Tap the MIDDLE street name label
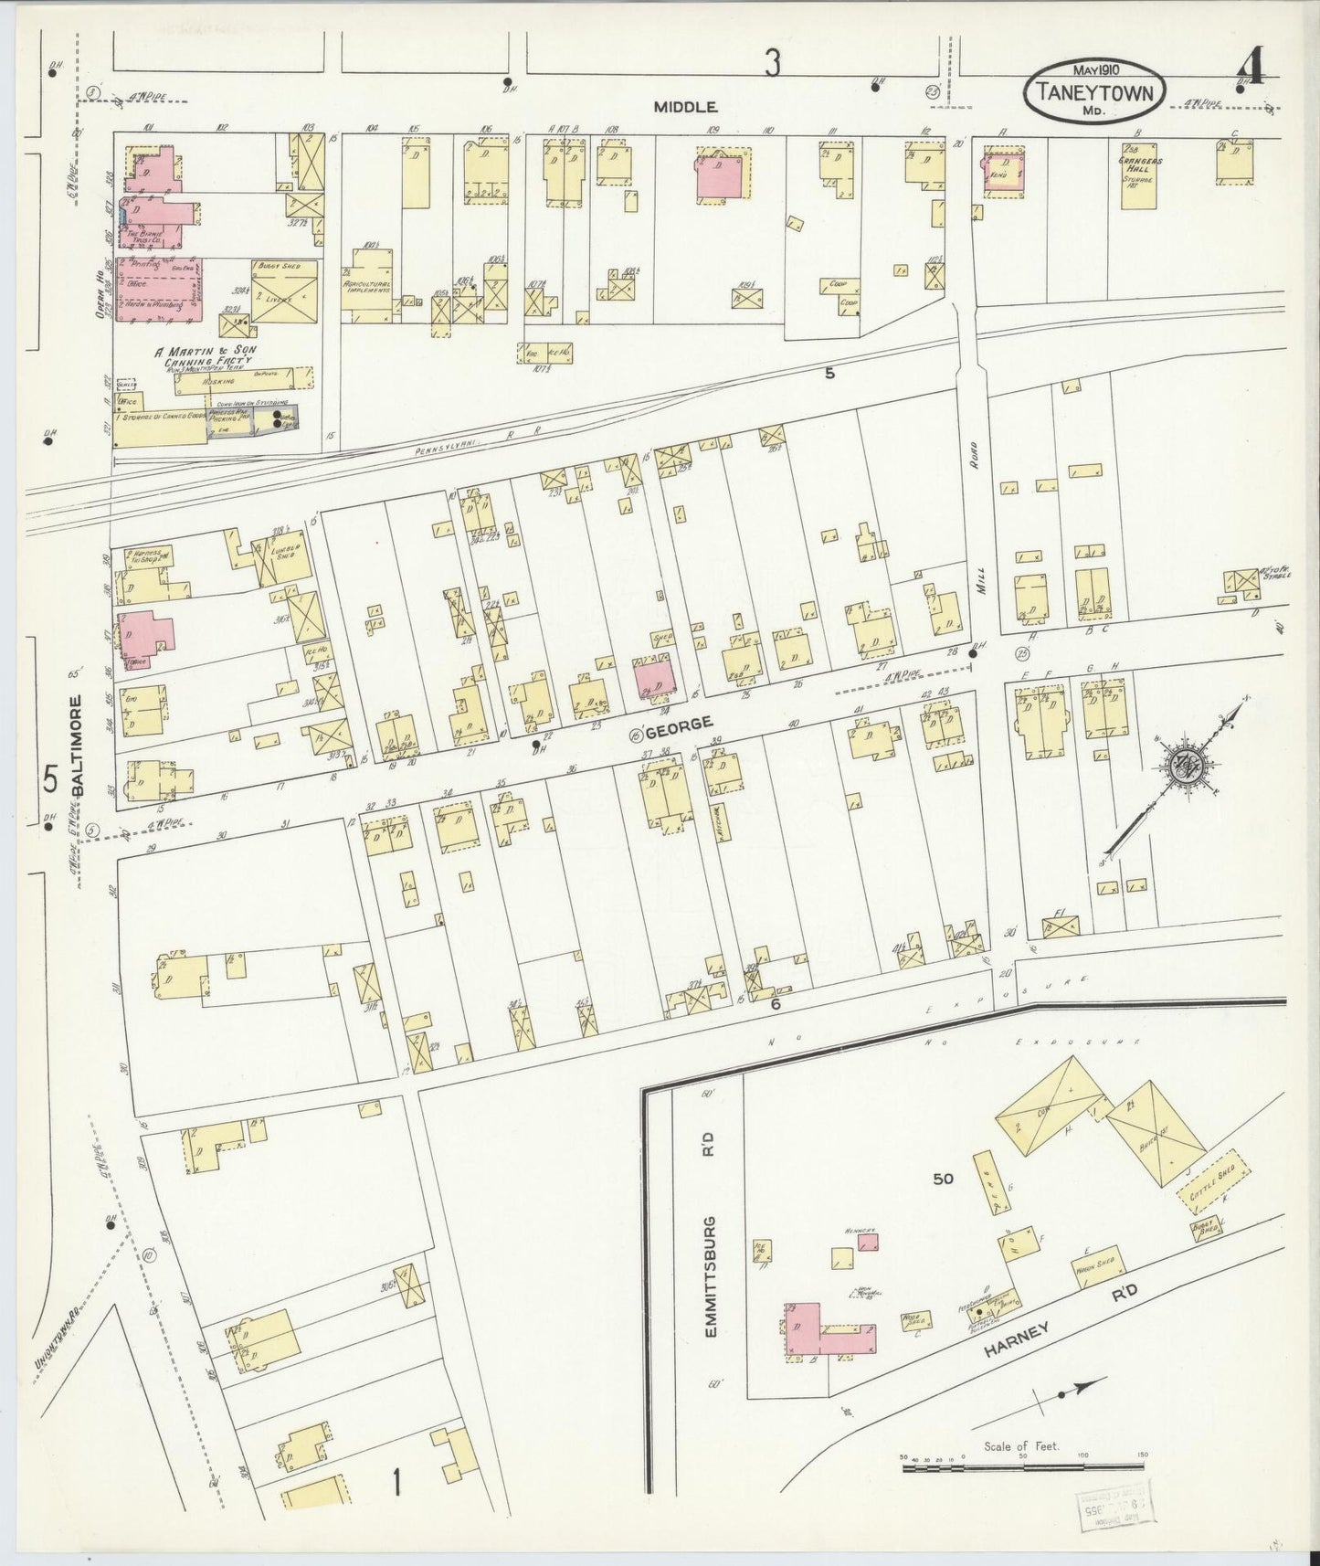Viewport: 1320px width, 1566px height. click(684, 107)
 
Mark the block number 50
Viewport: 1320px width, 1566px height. click(943, 1179)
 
